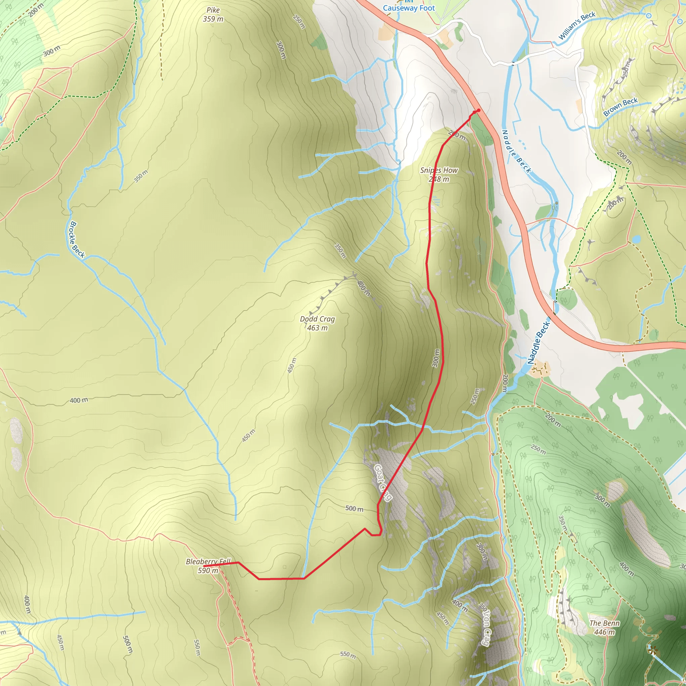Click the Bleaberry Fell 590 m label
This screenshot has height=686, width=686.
[208, 566]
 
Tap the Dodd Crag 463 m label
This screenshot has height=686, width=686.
[317, 323]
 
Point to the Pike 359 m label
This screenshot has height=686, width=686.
[213, 14]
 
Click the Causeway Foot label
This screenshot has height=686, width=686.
[409, 8]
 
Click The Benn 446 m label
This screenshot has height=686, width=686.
[604, 627]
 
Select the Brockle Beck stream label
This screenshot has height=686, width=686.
[77, 240]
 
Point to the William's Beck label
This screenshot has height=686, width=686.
[577, 25]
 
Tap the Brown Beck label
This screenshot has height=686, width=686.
[621, 107]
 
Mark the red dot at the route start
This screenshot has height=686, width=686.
[478, 111]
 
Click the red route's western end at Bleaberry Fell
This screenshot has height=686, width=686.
[205, 566]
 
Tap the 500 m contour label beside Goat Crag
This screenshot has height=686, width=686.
[354, 508]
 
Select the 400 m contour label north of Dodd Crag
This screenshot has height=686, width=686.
[363, 288]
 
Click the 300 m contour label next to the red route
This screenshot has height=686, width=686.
[436, 358]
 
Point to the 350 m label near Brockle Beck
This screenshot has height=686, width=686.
[141, 177]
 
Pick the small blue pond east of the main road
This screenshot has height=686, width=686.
[636, 239]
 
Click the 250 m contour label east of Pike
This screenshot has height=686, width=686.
[299, 22]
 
